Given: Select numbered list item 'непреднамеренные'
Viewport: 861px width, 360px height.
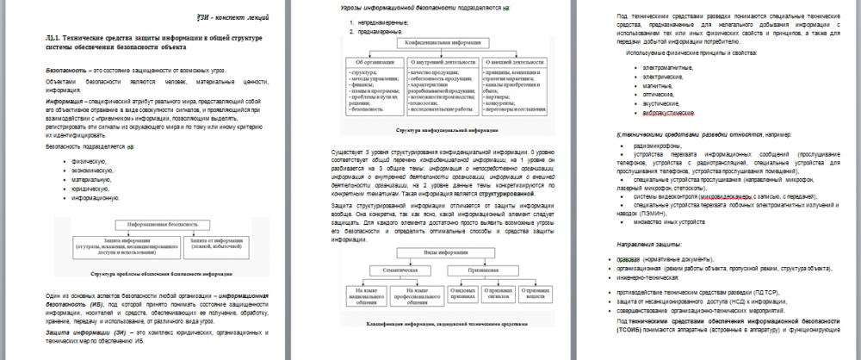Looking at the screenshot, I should point(376,22).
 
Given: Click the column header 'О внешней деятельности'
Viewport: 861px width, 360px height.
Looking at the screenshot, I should point(514,62).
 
